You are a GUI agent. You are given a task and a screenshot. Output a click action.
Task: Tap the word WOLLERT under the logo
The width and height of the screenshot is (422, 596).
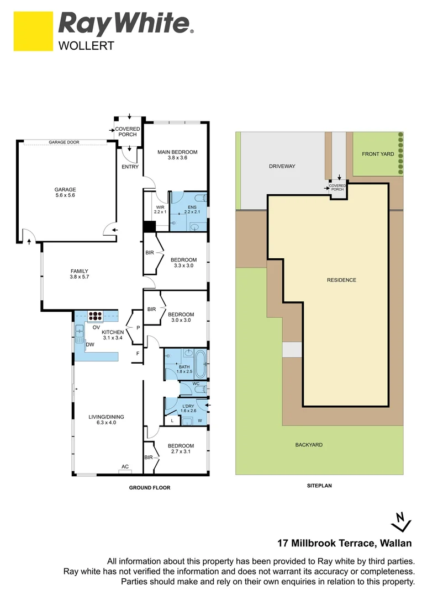[86, 46]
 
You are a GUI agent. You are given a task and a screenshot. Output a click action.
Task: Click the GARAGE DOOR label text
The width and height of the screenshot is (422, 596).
[64, 142]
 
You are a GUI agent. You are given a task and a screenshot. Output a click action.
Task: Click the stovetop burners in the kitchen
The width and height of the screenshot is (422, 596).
[96, 317]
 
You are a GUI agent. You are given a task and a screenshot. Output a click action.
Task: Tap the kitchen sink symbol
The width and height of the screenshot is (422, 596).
[80, 331]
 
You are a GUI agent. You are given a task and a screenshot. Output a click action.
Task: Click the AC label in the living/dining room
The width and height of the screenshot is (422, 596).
[125, 467]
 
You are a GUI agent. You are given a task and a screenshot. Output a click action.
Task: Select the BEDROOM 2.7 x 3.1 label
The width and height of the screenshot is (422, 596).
[182, 449]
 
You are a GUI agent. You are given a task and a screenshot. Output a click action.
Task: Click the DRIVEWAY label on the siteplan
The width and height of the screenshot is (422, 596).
[282, 166]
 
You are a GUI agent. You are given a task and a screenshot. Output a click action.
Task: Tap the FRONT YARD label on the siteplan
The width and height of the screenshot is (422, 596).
[378, 154]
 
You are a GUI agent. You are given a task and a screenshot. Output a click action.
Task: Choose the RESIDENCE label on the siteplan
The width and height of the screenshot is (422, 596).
[341, 280]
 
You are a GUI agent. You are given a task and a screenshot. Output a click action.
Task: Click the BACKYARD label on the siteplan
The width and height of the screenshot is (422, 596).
[309, 444]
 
